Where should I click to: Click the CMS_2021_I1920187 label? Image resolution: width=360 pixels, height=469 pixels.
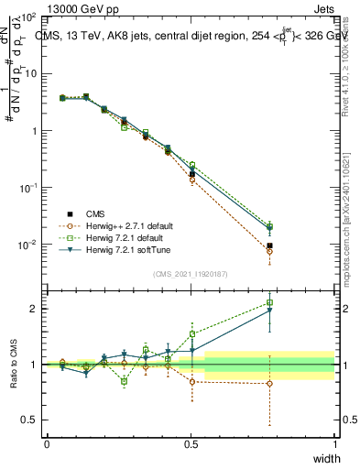189,272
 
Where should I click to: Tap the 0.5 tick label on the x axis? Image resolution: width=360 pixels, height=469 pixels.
191,443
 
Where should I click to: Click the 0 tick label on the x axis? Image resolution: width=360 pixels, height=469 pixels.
47,443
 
